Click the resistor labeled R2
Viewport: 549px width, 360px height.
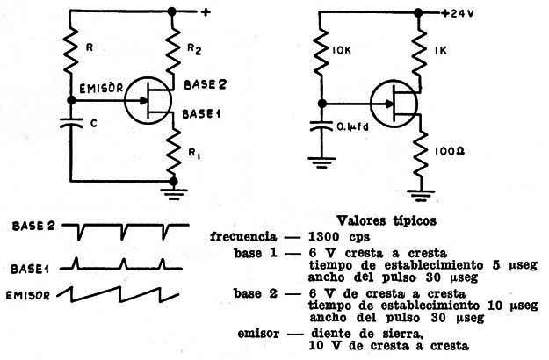click(172, 52)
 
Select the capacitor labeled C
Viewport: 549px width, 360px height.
click(71, 123)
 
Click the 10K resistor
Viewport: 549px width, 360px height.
click(321, 52)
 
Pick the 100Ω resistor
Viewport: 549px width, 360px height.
click(420, 154)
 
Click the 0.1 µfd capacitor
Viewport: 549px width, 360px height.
click(321, 126)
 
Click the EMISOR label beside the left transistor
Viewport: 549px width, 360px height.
click(101, 88)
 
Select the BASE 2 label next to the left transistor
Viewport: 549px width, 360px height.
click(206, 84)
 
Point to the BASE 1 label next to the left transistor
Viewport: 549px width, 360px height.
click(201, 113)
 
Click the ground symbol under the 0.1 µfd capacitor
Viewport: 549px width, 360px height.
click(321, 162)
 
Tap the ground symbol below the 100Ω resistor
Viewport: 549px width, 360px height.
click(421, 196)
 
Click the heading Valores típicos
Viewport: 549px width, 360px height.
click(386, 220)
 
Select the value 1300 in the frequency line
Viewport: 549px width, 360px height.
click(323, 237)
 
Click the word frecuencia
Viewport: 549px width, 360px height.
click(243, 237)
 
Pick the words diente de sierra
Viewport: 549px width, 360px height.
click(367, 334)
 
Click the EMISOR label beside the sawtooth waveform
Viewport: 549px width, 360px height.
click(28, 296)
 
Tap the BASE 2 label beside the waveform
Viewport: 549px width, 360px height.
click(33, 226)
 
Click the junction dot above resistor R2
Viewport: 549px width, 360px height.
click(171, 11)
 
